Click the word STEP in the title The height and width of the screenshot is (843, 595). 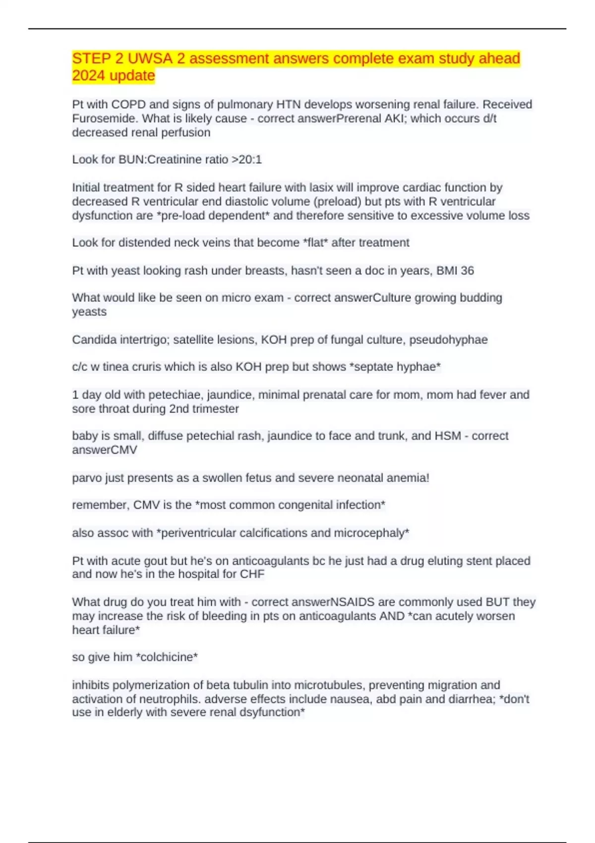(91, 59)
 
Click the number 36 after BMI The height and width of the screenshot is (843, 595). (467, 271)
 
